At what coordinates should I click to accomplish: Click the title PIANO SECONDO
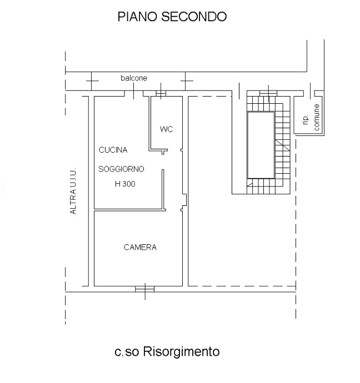pos(172,17)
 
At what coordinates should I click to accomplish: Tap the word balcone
pos(134,78)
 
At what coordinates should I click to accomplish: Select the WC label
pos(166,129)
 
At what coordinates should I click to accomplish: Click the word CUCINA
pos(113,150)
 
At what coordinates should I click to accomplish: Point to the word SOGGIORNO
pos(121,169)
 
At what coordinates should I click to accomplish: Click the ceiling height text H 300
pos(125,184)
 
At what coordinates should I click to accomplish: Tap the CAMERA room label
pos(140,247)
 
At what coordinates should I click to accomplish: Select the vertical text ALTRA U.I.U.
pos(73,191)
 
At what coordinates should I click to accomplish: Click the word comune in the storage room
pos(316,117)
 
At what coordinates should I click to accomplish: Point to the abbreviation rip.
pos(305,120)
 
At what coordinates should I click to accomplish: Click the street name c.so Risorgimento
pos(167,351)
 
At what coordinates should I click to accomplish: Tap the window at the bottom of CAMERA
pos(145,289)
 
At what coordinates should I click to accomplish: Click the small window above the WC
pos(161,94)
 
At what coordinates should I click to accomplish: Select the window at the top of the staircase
pos(268,93)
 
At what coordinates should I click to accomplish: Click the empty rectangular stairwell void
pos(261,145)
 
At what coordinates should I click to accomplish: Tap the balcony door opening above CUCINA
pos(134,94)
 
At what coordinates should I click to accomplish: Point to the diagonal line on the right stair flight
pos(283,145)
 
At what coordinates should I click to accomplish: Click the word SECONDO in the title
pos(194,17)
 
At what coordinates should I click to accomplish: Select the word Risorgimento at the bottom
pos(181,351)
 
